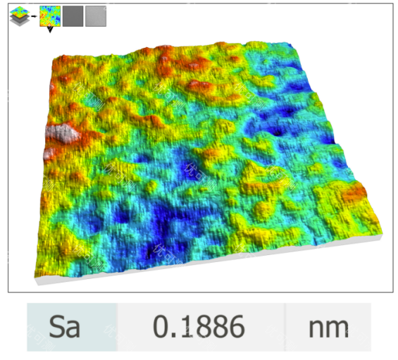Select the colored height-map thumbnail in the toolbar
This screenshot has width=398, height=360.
[49, 15]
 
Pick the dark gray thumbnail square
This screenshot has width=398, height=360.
[72, 16]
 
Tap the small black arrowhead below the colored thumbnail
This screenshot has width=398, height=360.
[49, 30]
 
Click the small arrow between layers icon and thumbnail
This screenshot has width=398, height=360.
[33, 15]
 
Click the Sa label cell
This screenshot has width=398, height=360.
[71, 327]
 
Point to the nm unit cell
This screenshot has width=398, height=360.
[328, 327]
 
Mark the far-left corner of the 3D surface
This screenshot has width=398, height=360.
[56, 56]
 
